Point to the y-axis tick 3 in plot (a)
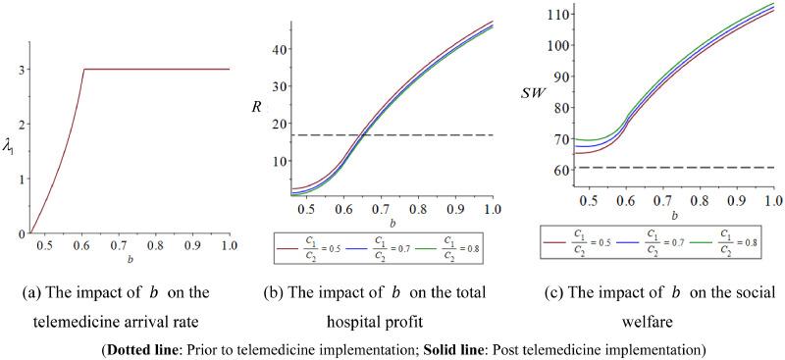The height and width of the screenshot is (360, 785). tap(21, 70)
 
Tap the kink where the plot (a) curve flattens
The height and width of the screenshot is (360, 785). tap(83, 70)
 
